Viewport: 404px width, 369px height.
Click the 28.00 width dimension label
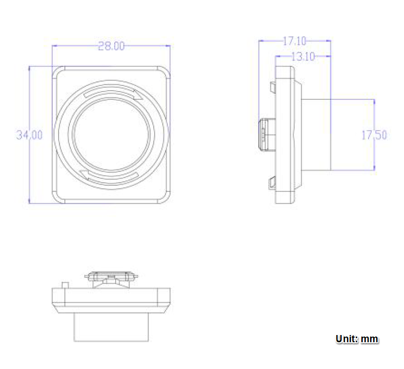[111, 46]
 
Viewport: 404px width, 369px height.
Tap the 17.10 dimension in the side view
[295, 40]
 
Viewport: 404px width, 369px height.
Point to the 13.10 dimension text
[303, 57]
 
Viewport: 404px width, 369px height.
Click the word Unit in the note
[347, 339]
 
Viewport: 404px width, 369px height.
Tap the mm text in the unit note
[370, 339]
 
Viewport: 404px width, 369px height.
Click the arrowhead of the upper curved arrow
[137, 94]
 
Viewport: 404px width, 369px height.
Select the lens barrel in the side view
[316, 135]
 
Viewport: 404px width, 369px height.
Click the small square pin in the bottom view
[65, 284]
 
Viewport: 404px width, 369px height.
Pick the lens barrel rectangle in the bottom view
[111, 327]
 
